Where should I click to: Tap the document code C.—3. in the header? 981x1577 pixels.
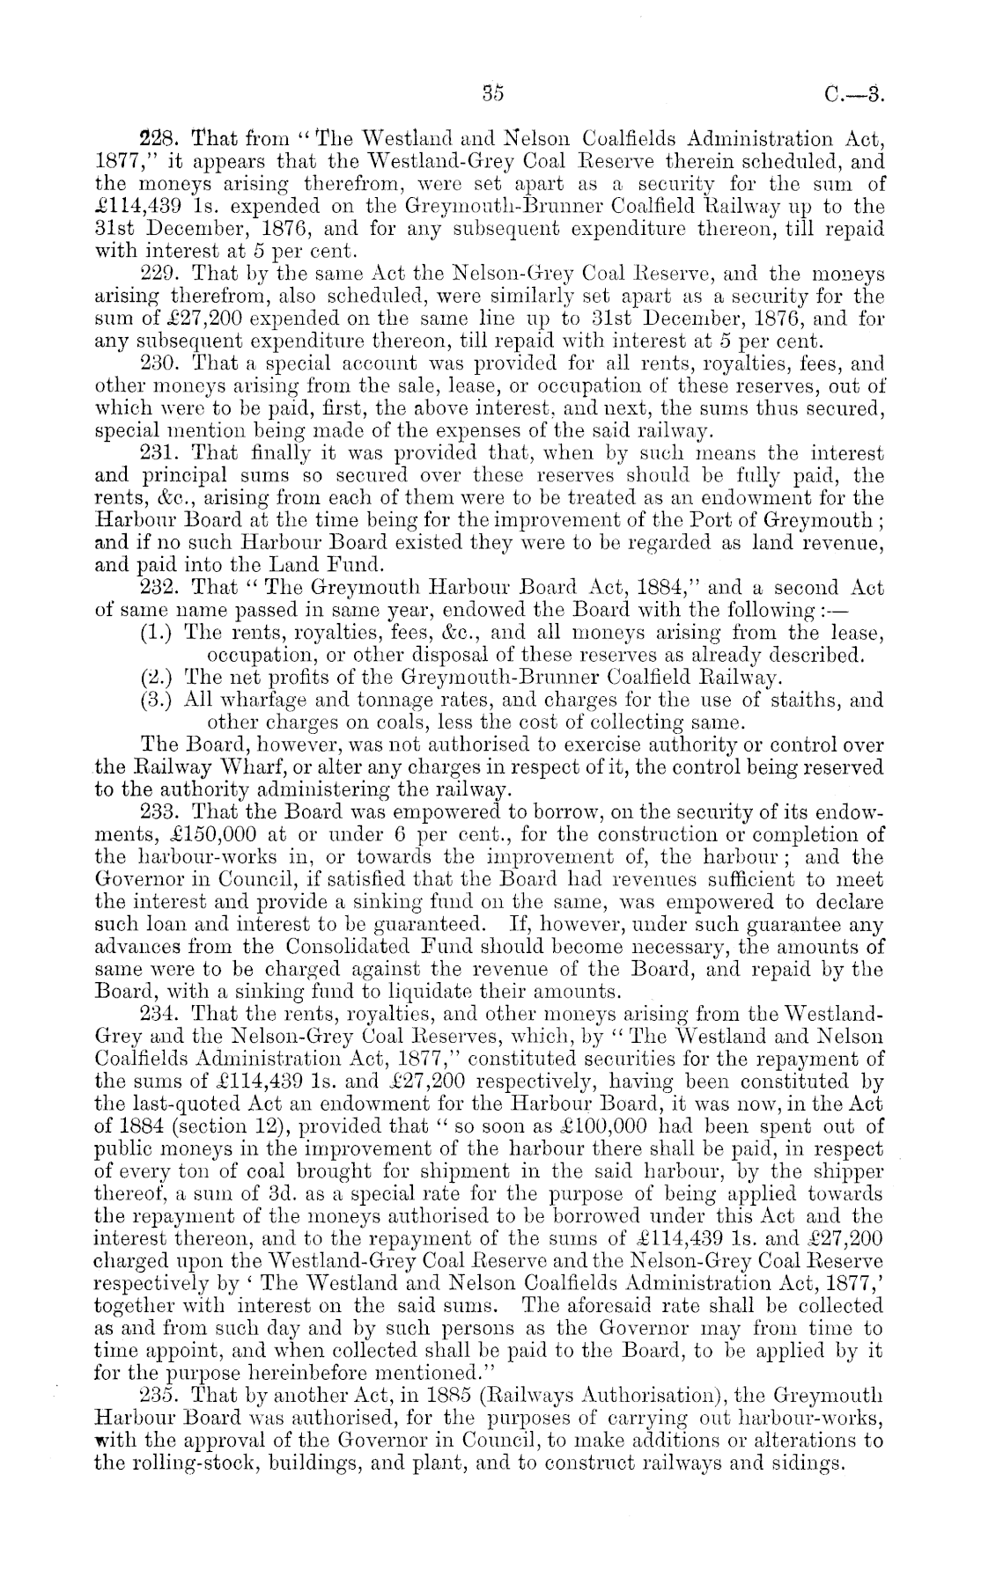pos(855,92)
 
